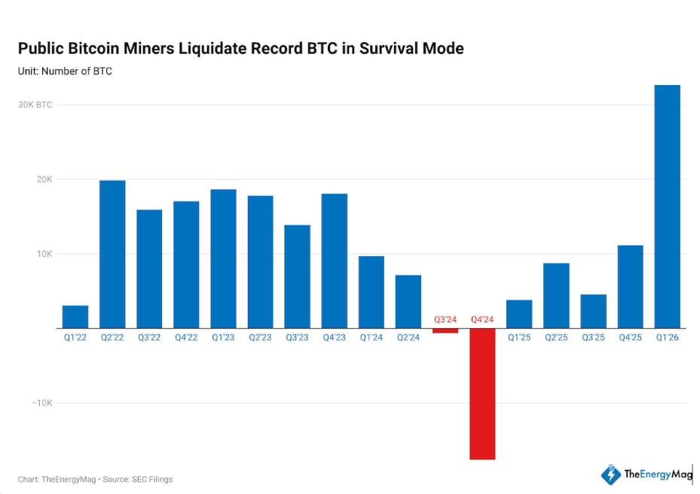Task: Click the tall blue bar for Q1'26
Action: coord(667,206)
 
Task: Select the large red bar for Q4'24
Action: coord(482,393)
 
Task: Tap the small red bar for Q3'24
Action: coord(445,331)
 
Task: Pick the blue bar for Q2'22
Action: coord(112,254)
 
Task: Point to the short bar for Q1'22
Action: coord(75,316)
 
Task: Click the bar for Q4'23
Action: coord(335,261)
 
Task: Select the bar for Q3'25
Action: coord(593,311)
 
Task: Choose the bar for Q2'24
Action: coord(408,301)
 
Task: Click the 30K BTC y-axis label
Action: coord(35,105)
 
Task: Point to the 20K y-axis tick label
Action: coord(42,179)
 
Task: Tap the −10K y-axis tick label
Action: coord(41,403)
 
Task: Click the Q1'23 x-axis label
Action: coord(223,338)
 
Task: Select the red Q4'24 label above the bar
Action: coord(482,319)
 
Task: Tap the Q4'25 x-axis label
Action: coord(630,338)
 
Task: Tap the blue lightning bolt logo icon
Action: coord(610,474)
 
